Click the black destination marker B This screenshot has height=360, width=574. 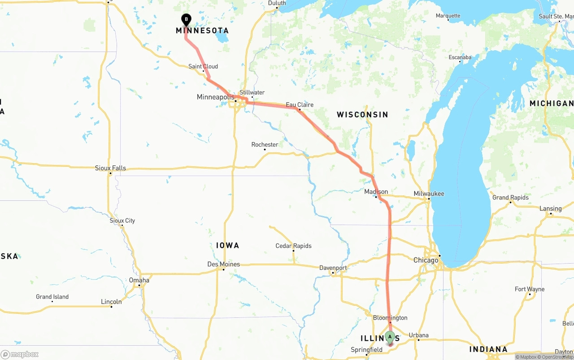pyautogui.click(x=186, y=20)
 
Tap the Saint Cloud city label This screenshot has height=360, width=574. pyautogui.click(x=203, y=66)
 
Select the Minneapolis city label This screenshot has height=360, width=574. pyautogui.click(x=216, y=97)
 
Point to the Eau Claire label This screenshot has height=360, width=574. pyautogui.click(x=300, y=105)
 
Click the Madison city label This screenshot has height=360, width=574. pyautogui.click(x=376, y=192)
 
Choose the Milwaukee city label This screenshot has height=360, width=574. pyautogui.click(x=429, y=194)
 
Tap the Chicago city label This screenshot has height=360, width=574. pyautogui.click(x=426, y=260)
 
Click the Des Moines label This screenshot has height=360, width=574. pyautogui.click(x=223, y=265)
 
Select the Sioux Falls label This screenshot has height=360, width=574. pyautogui.click(x=110, y=168)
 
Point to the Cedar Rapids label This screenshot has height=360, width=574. pyautogui.click(x=293, y=246)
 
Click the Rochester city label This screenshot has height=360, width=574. pyautogui.click(x=265, y=145)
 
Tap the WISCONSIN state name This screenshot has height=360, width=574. pyautogui.click(x=362, y=115)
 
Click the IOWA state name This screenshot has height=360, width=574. pyautogui.click(x=227, y=246)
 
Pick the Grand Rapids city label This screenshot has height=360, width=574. pyautogui.click(x=510, y=197)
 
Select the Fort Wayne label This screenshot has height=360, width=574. pyautogui.click(x=530, y=289)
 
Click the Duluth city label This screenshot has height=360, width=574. pyautogui.click(x=277, y=3)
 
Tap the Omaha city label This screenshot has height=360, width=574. pyautogui.click(x=139, y=280)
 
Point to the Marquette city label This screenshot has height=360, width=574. pyautogui.click(x=448, y=16)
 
